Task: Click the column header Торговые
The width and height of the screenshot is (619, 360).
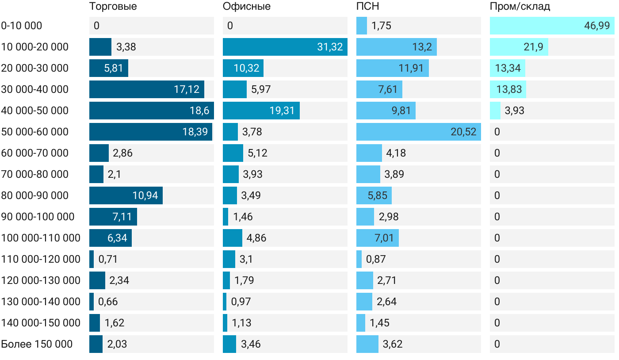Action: pyautogui.click(x=113, y=7)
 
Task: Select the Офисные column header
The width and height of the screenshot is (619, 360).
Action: pyautogui.click(x=246, y=7)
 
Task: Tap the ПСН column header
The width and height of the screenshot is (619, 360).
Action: pyautogui.click(x=367, y=7)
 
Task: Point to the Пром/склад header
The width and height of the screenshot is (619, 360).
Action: pyautogui.click(x=520, y=7)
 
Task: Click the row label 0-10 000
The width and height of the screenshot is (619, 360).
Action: pyautogui.click(x=22, y=26)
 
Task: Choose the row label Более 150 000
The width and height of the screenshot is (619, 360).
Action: pyautogui.click(x=37, y=344)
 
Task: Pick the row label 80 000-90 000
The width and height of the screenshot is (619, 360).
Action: pyautogui.click(x=35, y=195)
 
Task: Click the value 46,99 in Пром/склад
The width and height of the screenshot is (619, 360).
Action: pyautogui.click(x=596, y=26)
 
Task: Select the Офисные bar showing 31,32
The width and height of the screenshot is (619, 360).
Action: pyautogui.click(x=285, y=47)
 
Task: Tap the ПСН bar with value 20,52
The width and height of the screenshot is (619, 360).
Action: pyautogui.click(x=418, y=132)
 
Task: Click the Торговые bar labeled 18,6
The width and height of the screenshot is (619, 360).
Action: pyautogui.click(x=151, y=111)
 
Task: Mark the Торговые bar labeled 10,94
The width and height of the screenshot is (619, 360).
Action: pyautogui.click(x=126, y=195)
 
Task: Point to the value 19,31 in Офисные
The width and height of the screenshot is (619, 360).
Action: pyautogui.click(x=282, y=111)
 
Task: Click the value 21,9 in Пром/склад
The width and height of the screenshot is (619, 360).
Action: pyautogui.click(x=533, y=47)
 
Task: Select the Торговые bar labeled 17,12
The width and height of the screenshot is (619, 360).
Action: pyautogui.click(x=146, y=89)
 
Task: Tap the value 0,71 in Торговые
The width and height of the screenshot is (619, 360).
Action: pyautogui.click(x=108, y=259)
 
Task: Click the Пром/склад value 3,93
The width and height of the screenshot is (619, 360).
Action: pyautogui.click(x=514, y=111)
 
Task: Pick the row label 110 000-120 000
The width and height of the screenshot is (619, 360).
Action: pyautogui.click(x=41, y=259)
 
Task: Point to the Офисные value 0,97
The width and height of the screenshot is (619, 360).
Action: pyautogui.click(x=241, y=302)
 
